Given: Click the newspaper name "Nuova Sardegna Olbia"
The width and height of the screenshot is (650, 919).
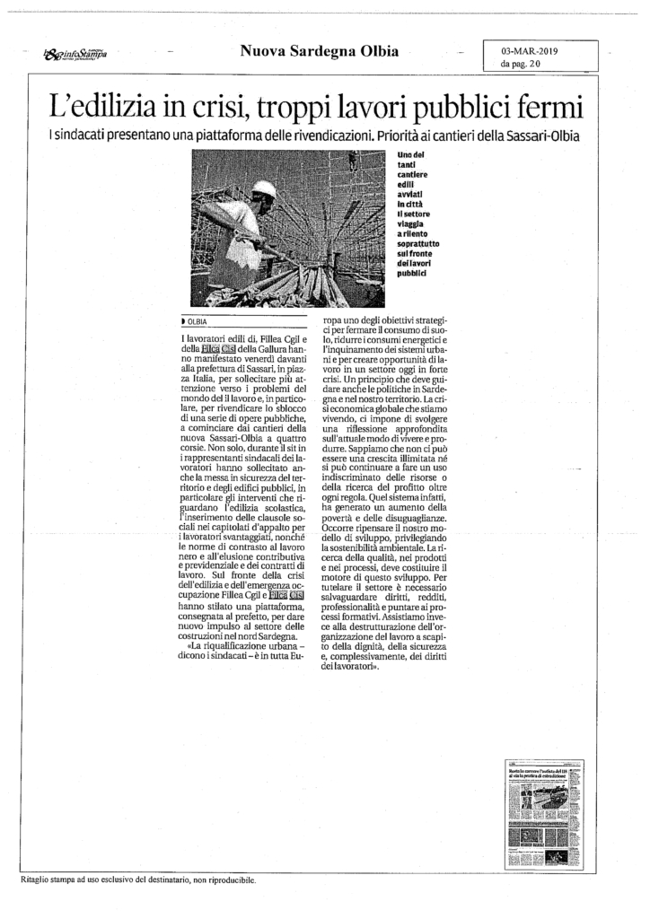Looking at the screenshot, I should coord(320,52).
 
